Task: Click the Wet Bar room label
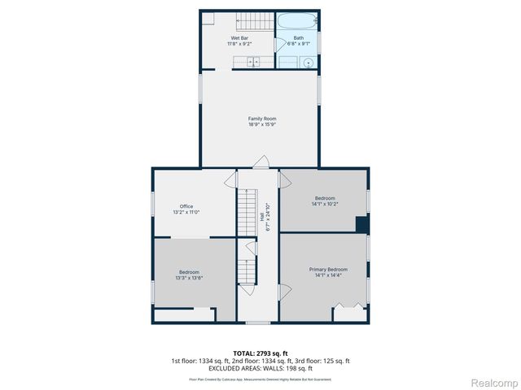(x=239, y=38)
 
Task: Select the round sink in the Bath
(x=308, y=63)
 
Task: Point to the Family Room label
(x=262, y=119)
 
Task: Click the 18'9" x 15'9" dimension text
(x=262, y=124)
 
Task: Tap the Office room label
(x=186, y=206)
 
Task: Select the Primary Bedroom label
(x=328, y=269)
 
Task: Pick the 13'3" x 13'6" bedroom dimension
(x=189, y=278)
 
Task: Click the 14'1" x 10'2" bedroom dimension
(x=325, y=204)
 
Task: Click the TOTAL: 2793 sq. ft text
(x=260, y=353)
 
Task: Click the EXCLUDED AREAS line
(x=260, y=368)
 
